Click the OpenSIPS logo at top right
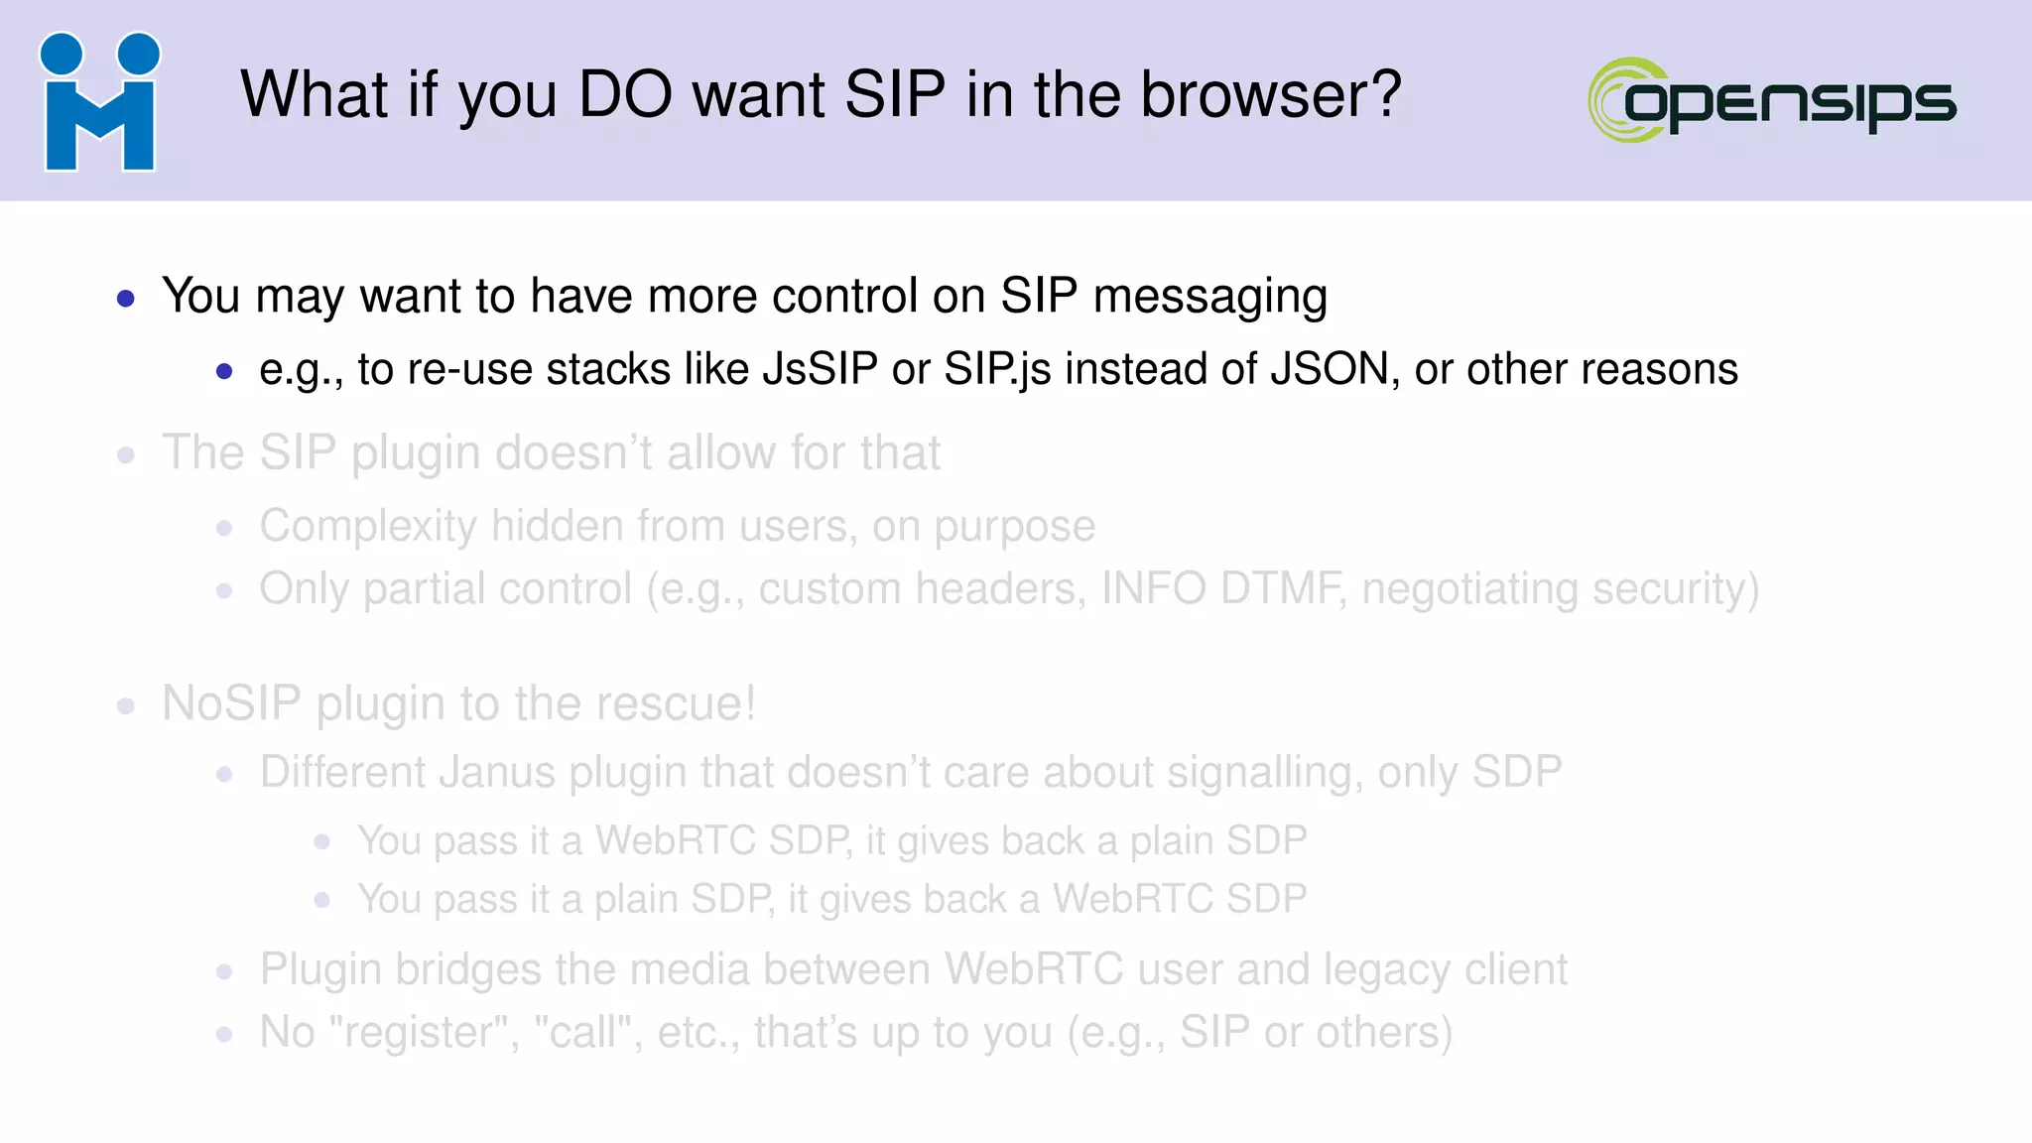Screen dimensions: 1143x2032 (x=1772, y=100)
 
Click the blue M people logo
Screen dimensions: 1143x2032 (x=99, y=102)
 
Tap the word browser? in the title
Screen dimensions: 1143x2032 (x=1271, y=95)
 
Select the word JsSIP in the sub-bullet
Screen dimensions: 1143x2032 (x=820, y=369)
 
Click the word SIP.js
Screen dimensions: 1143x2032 (x=997, y=369)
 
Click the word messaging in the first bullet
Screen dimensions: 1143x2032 (x=1209, y=297)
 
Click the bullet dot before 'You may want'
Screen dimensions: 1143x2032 (x=125, y=298)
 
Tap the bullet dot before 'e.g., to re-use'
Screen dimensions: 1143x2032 (x=224, y=372)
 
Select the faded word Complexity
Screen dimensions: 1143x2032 (x=368, y=526)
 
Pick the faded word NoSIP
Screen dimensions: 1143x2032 (x=231, y=703)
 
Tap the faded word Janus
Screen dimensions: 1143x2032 (x=496, y=772)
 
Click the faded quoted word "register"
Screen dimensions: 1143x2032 (x=424, y=1033)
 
